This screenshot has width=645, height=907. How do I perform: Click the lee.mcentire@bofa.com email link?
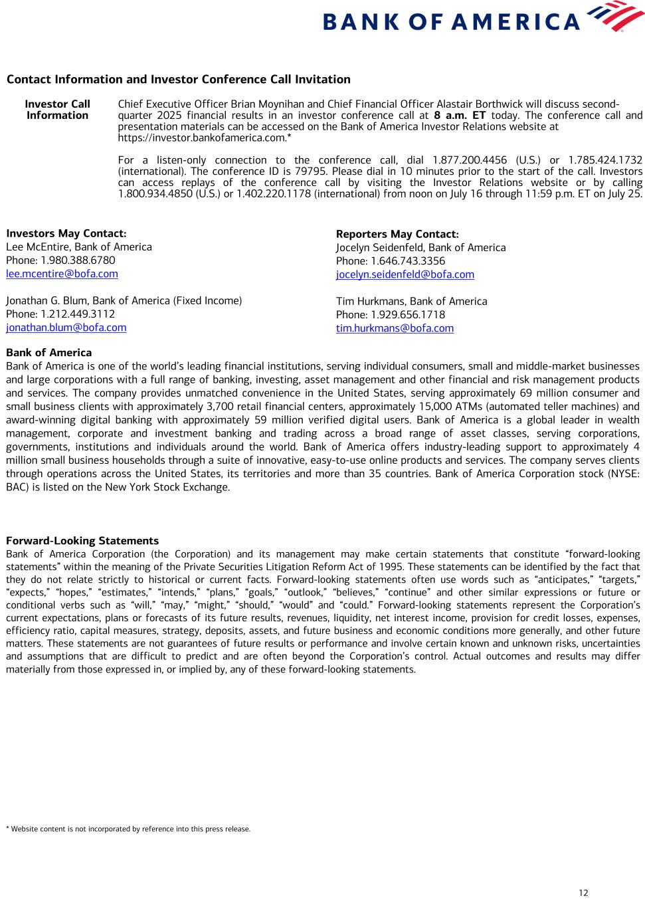click(62, 274)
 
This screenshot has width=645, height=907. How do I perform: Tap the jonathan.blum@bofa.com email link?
click(66, 328)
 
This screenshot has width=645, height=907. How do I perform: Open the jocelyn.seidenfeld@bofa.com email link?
click(405, 274)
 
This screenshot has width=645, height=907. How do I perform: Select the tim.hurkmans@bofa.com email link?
click(395, 328)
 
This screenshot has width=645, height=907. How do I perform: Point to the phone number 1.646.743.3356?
click(408, 261)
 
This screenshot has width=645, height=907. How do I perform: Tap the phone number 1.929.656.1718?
click(408, 315)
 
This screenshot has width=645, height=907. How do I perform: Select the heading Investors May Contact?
click(66, 233)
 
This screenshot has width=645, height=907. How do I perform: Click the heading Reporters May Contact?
click(397, 234)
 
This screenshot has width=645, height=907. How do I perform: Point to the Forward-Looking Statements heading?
click(82, 541)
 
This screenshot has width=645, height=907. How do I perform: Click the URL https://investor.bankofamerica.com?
click(202, 138)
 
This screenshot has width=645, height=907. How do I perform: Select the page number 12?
click(583, 892)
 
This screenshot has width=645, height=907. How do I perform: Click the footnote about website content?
click(128, 829)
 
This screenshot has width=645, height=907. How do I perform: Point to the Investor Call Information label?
click(57, 110)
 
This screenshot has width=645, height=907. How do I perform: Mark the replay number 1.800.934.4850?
click(149, 194)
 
